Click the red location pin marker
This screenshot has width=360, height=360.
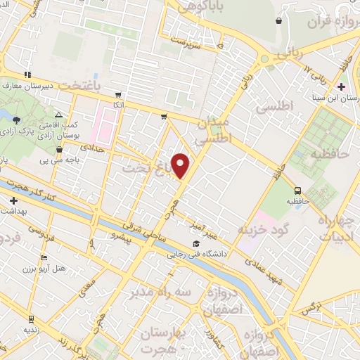click(x=181, y=165)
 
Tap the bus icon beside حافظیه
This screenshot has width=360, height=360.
click(x=297, y=190)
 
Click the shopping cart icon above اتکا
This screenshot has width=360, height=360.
click(x=118, y=94)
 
